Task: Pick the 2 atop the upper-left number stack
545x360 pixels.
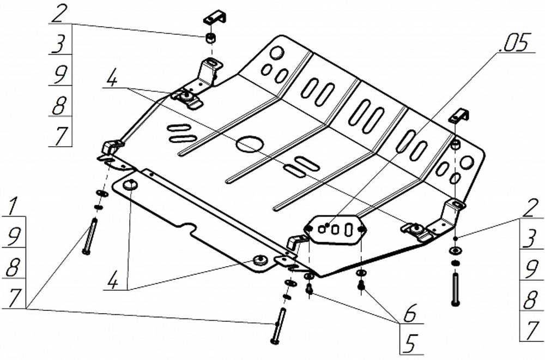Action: [x=57, y=14]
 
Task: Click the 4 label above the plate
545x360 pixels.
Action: [x=111, y=80]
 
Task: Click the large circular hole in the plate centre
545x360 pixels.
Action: [x=249, y=143]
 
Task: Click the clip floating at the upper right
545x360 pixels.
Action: [x=459, y=116]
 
